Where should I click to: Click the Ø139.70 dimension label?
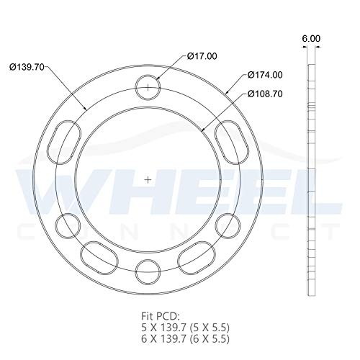[28, 66]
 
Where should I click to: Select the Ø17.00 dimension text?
[203, 55]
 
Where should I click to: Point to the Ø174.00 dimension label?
[264, 75]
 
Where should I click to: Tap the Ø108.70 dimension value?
[264, 94]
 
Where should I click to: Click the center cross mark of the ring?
[148, 179]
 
